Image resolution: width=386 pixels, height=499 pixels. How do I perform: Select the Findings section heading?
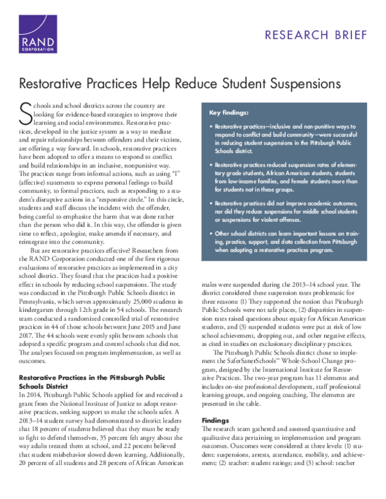click(x=216, y=401)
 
